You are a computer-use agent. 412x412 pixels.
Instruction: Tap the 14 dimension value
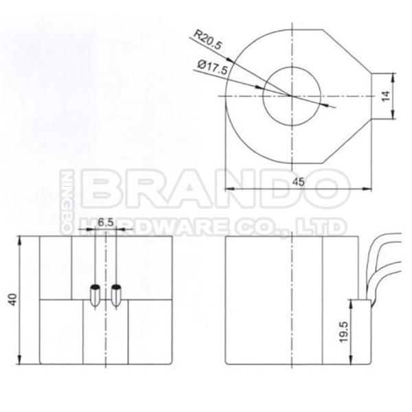tap(388, 97)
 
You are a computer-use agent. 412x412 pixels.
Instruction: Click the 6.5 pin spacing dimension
tap(105, 222)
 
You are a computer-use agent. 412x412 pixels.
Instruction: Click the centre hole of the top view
tap(290, 95)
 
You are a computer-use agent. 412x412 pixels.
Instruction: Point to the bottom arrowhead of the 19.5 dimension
tap(352, 363)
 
